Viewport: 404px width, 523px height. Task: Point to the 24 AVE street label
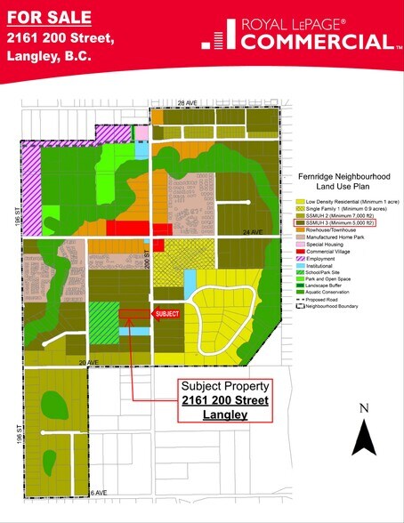tap(254, 232)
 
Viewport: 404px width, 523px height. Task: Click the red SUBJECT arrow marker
tap(166, 313)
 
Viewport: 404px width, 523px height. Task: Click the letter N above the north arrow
tap(363, 408)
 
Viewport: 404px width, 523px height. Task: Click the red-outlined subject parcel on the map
tap(133, 313)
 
